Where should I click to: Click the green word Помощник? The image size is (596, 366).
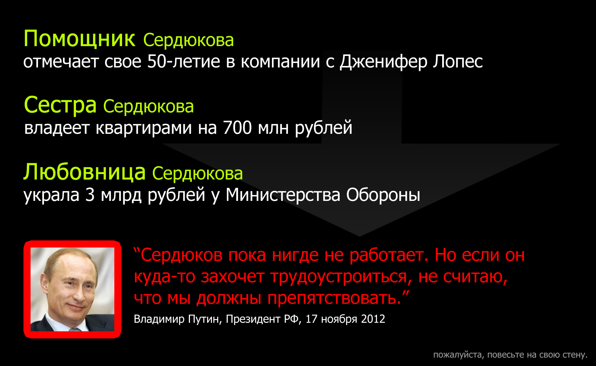pyautogui.click(x=79, y=39)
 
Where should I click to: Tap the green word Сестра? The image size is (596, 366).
pyautogui.click(x=60, y=105)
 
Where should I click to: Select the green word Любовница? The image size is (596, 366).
pyautogui.click(x=85, y=172)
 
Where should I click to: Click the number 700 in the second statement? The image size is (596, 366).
pyautogui.click(x=237, y=127)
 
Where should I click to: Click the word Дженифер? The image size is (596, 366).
pyautogui.click(x=383, y=62)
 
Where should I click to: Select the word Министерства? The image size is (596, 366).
pyautogui.click(x=283, y=195)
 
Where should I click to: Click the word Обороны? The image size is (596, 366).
pyautogui.click(x=383, y=195)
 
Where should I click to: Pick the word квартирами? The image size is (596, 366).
pyautogui.click(x=144, y=128)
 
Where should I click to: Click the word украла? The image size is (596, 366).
pyautogui.click(x=51, y=195)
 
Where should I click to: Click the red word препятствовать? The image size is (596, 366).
pyautogui.click(x=335, y=299)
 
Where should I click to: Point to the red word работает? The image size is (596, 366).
pyautogui.click(x=389, y=255)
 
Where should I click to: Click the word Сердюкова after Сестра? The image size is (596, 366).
pyautogui.click(x=149, y=107)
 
